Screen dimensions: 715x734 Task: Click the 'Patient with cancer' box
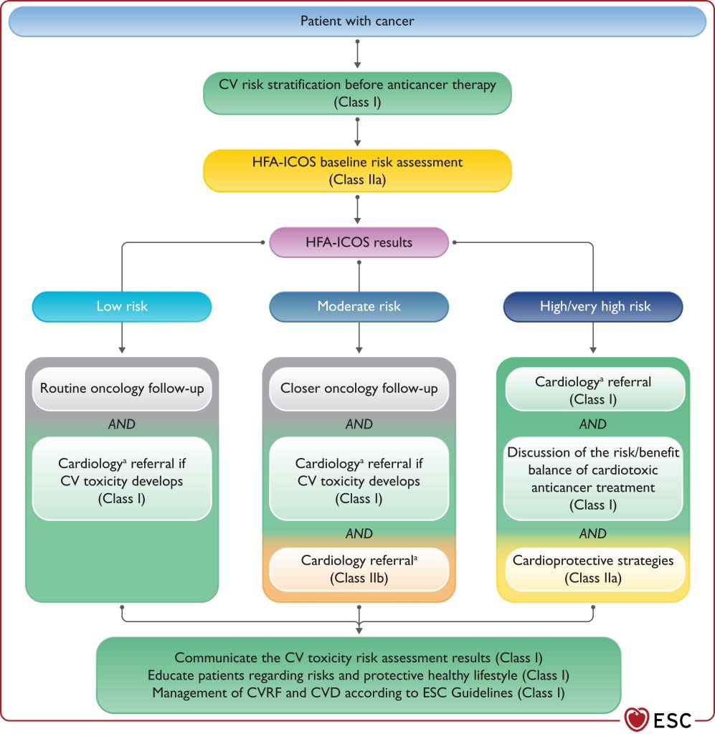click(357, 21)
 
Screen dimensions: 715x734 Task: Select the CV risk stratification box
click(357, 93)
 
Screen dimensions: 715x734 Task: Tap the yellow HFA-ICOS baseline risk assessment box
click(357, 171)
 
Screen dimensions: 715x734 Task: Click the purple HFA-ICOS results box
click(359, 242)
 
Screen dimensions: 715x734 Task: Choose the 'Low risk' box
click(122, 307)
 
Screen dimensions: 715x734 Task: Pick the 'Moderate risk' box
click(359, 307)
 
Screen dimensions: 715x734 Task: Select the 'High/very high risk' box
click(593, 307)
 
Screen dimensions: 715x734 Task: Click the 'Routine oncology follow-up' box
click(122, 389)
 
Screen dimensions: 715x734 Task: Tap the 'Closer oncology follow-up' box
click(359, 389)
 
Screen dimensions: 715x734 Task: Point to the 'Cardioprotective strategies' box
click(593, 569)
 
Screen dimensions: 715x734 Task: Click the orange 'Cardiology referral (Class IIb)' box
click(359, 569)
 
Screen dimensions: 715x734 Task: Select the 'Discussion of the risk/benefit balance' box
click(593, 478)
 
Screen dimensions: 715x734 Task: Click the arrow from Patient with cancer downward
click(357, 54)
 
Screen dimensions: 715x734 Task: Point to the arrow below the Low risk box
click(122, 338)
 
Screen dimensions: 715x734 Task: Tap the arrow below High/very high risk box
click(593, 338)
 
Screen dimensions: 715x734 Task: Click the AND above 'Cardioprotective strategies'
click(593, 533)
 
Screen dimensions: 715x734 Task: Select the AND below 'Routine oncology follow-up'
click(122, 424)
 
